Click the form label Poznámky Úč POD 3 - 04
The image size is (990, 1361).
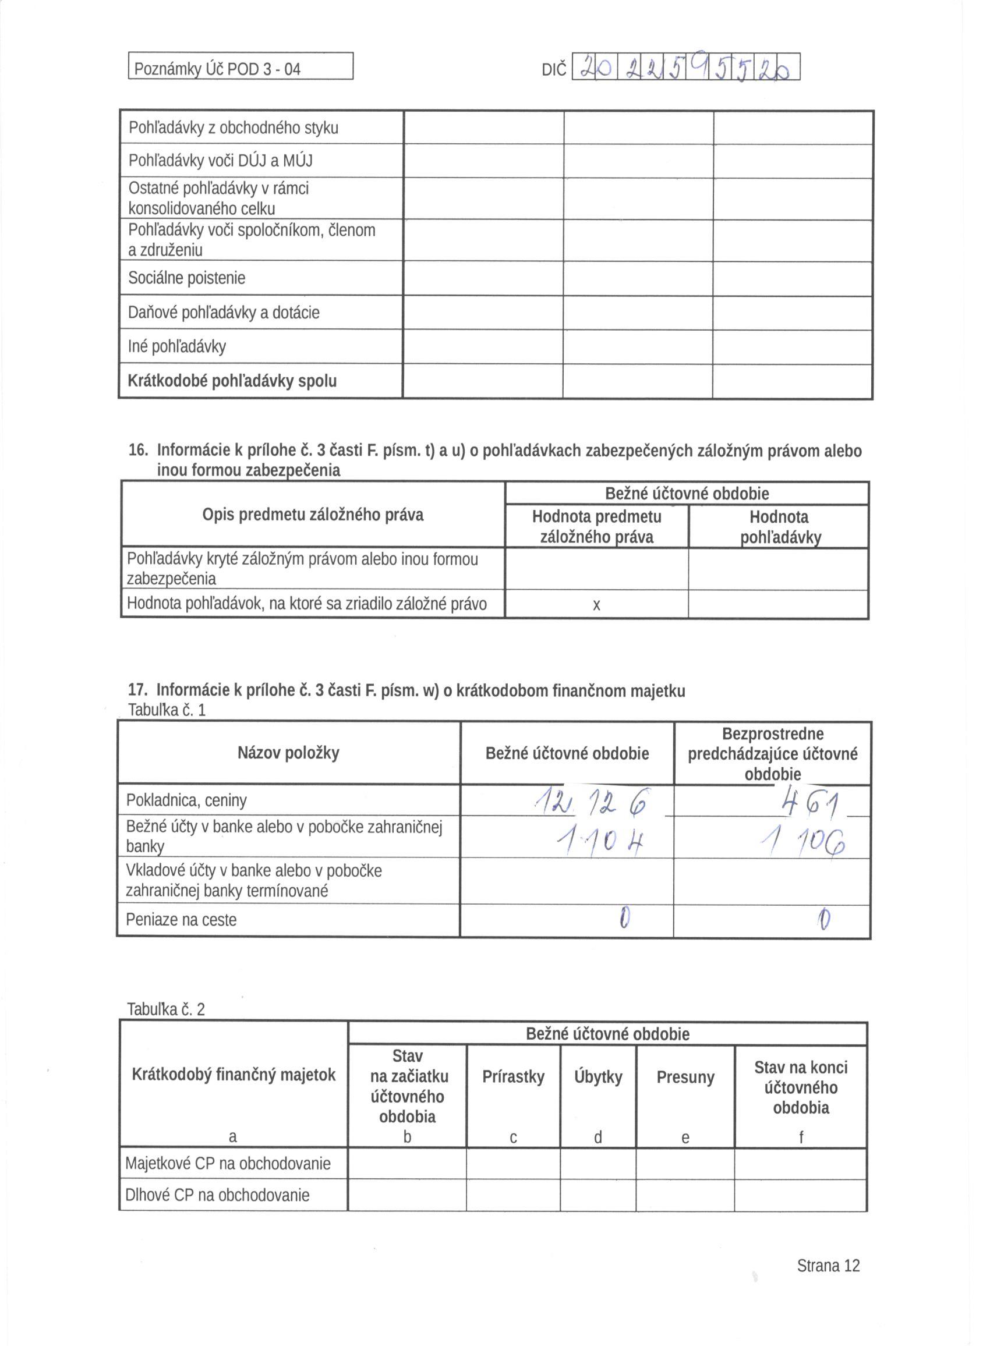coord(217,69)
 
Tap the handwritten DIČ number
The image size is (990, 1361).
coord(685,68)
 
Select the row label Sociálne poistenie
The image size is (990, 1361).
coord(187,278)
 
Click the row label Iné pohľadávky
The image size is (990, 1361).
coord(177,346)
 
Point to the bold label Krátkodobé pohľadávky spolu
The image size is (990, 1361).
coord(232,381)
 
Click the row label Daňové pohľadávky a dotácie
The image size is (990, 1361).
coord(224,313)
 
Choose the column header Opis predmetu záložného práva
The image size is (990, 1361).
coord(313,515)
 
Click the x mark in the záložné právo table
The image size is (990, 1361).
coord(596,605)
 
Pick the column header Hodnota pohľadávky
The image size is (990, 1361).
coord(779,527)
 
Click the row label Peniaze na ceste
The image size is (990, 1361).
coord(181,920)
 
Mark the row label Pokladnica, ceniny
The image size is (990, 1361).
coord(186,800)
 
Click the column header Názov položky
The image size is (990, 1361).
coord(288,753)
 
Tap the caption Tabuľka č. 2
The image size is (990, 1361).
coord(166,1009)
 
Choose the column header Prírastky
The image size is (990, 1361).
coord(513,1077)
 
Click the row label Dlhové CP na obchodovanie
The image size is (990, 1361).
coord(217,1195)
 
